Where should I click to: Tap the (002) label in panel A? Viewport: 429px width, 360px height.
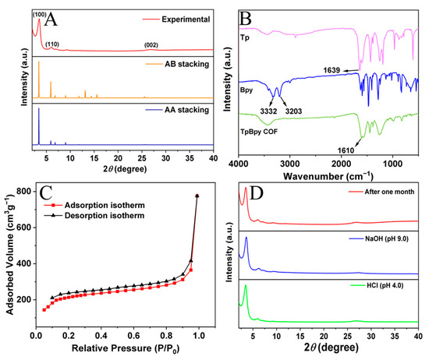click(x=153, y=44)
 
